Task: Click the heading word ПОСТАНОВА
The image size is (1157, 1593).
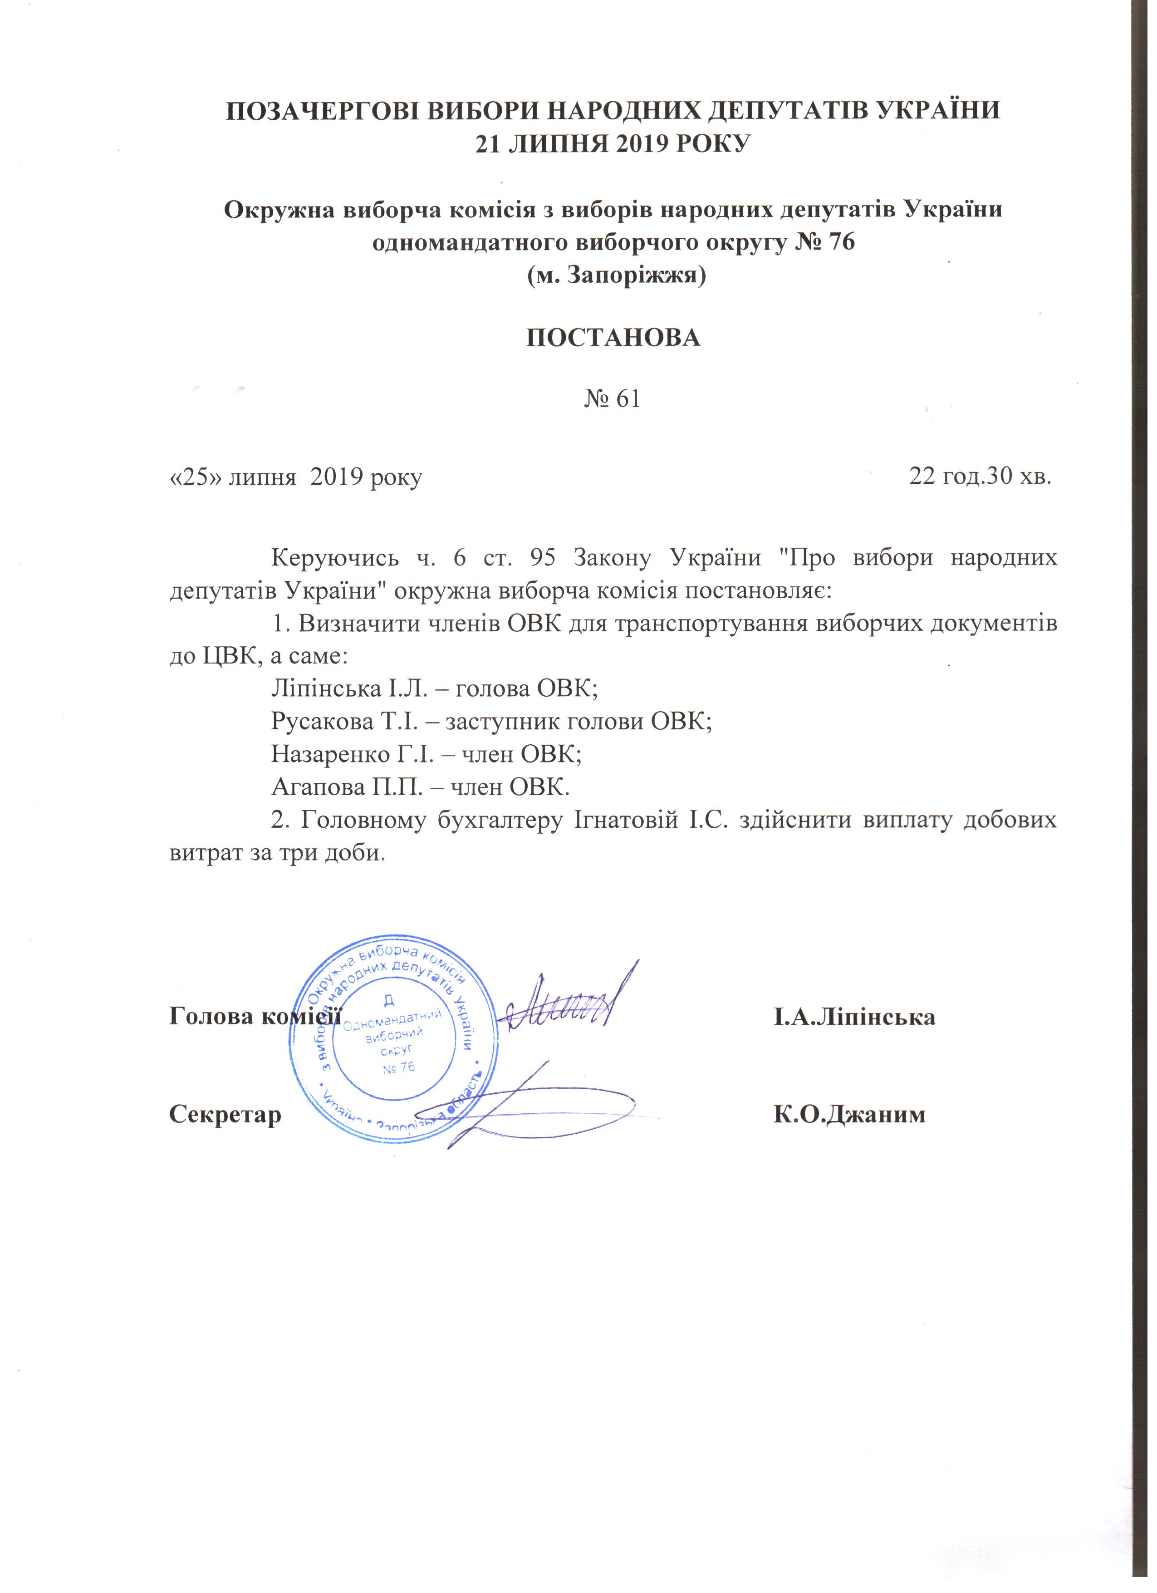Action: point(613,338)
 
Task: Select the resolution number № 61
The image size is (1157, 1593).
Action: point(612,399)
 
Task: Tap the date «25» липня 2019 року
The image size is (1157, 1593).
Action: point(295,477)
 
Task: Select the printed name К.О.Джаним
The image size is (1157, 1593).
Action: point(849,1115)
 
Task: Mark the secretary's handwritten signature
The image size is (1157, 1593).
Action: point(520,1110)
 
